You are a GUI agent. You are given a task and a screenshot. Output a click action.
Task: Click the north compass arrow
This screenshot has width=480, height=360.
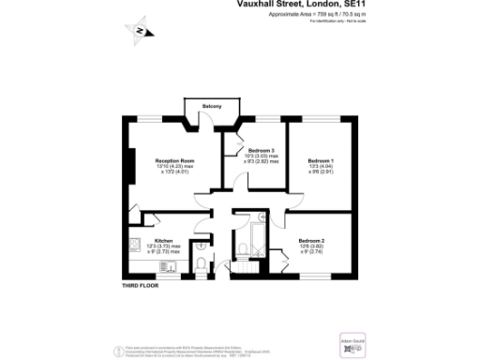(x=139, y=31)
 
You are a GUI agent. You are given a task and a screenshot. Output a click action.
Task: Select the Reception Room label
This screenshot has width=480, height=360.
(x=174, y=160)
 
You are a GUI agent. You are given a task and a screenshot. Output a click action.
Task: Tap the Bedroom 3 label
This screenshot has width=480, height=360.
(x=261, y=151)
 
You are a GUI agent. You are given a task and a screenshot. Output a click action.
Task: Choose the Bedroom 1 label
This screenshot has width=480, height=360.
(x=321, y=160)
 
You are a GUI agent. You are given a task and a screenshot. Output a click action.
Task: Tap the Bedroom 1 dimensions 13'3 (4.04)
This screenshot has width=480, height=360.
(x=321, y=166)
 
